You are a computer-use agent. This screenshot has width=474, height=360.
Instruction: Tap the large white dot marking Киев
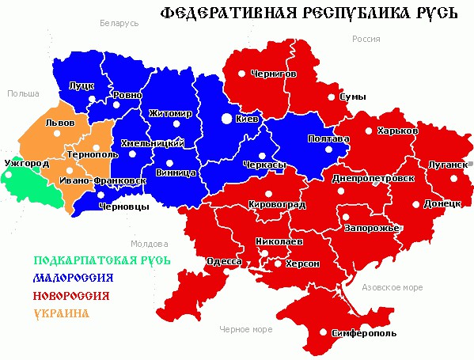tap(227, 119)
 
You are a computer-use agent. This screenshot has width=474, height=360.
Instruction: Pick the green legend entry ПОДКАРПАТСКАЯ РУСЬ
tap(102, 260)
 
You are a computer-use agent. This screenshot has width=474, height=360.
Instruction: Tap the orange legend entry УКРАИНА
tap(61, 313)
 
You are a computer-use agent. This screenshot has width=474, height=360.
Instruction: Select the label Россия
tap(366, 38)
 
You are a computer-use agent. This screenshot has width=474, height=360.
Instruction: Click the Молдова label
tap(150, 243)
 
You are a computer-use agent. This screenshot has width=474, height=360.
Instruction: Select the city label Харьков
tap(398, 130)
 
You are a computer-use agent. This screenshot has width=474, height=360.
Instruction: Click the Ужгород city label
tap(26, 163)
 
